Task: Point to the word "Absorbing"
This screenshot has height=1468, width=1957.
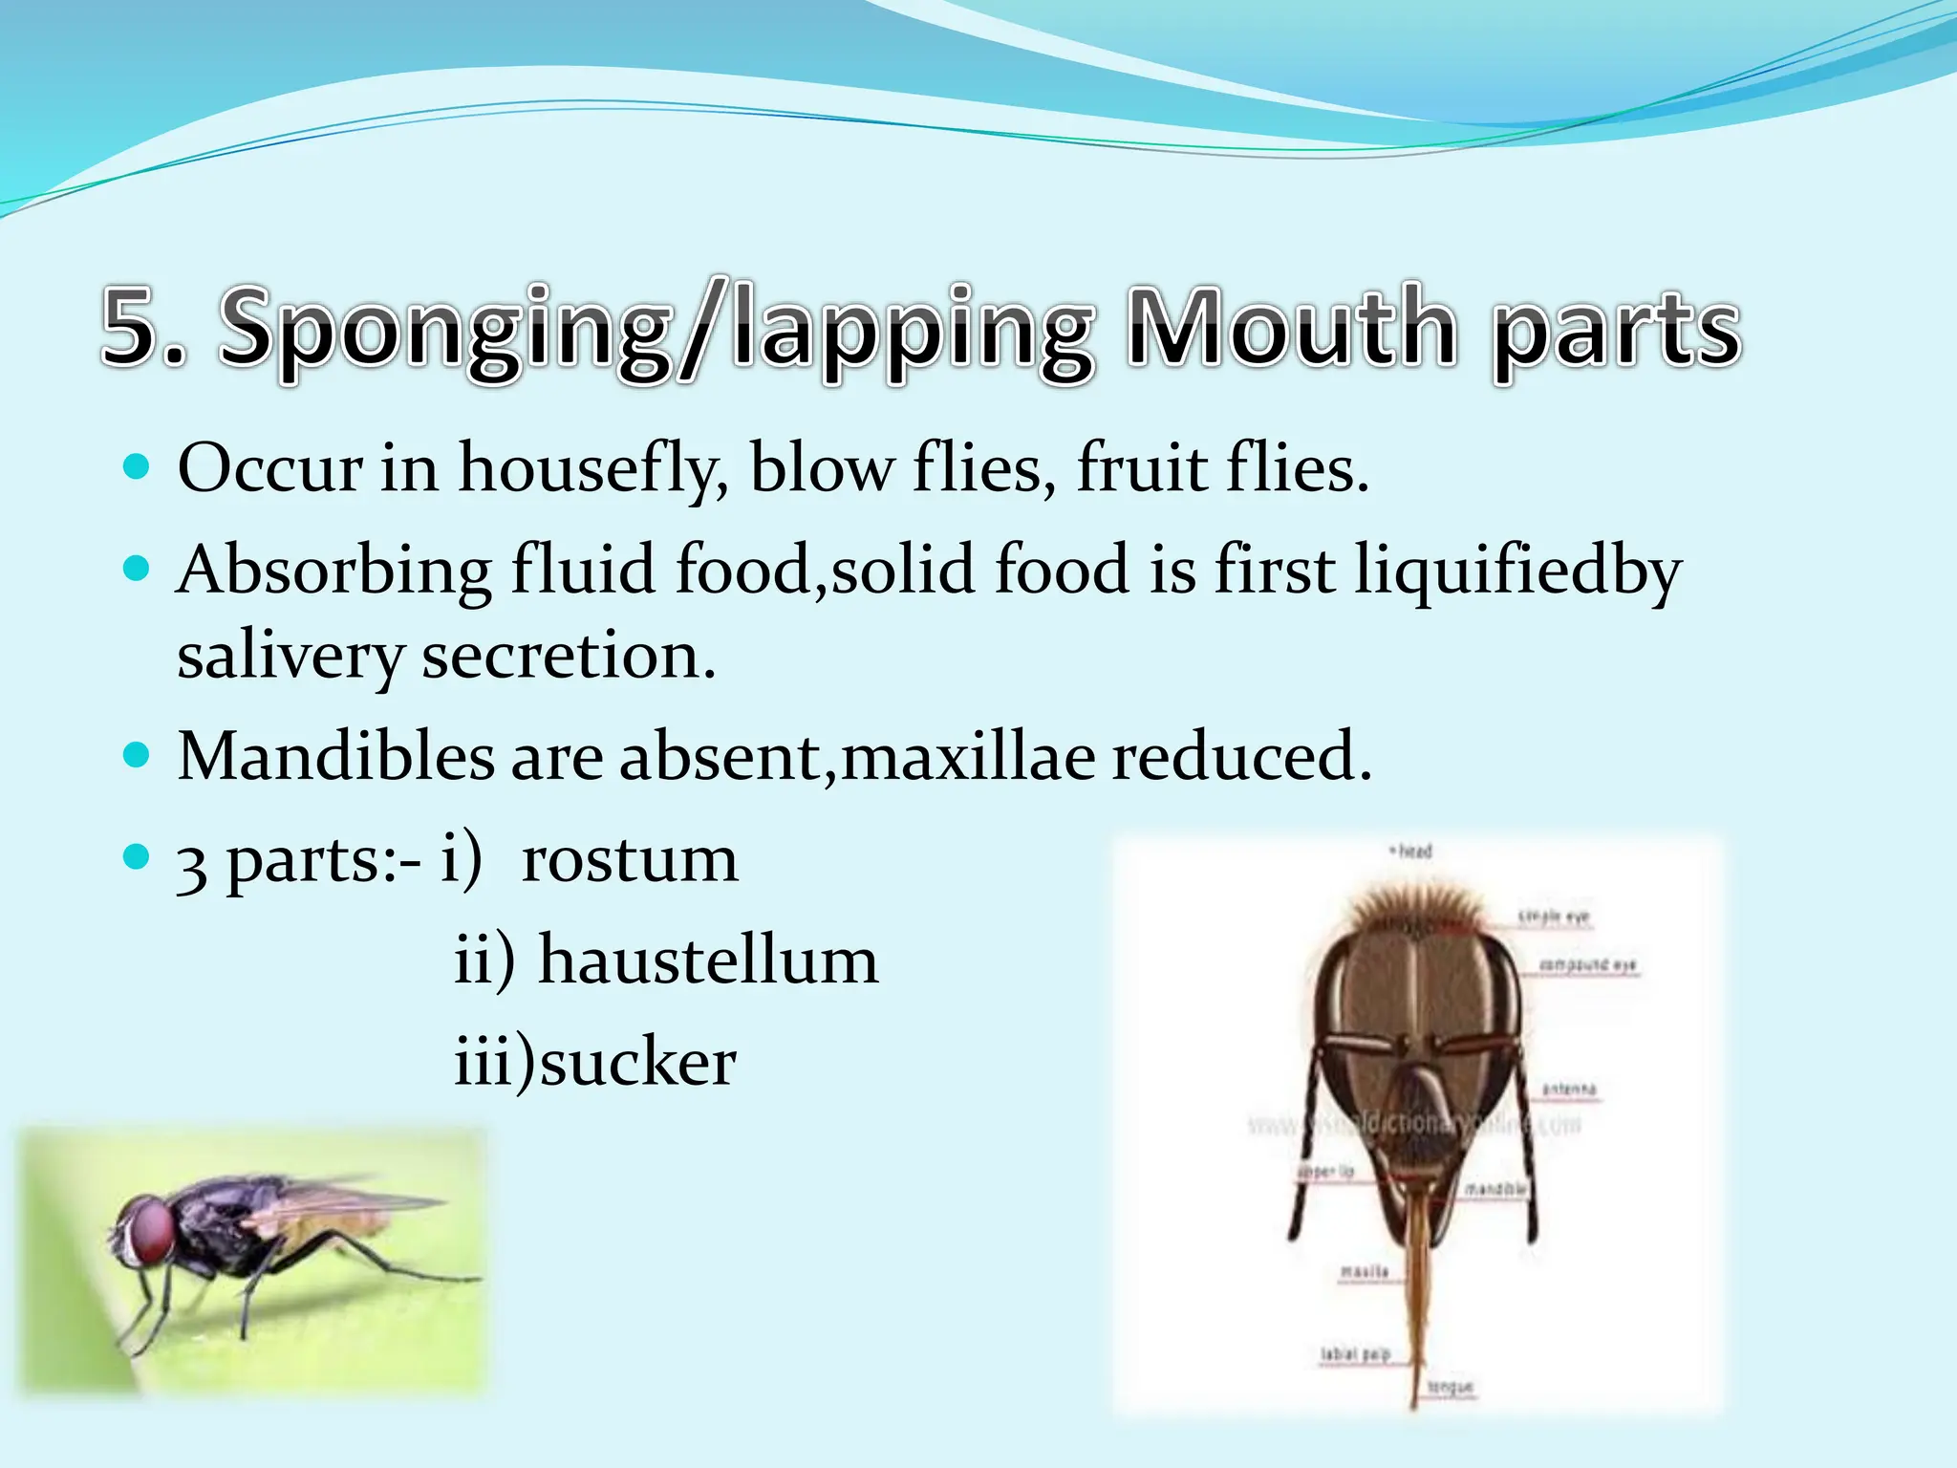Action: pos(333,571)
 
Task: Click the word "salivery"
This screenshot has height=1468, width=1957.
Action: pos(290,658)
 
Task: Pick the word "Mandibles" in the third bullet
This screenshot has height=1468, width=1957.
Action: pos(335,756)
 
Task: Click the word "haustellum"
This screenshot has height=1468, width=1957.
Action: pos(708,960)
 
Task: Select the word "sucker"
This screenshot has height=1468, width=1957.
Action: pos(638,1062)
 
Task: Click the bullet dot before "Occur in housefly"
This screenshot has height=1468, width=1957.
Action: pos(138,467)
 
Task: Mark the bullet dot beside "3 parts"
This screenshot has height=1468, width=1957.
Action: pos(138,856)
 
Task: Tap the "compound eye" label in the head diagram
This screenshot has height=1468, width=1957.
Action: pos(1587,965)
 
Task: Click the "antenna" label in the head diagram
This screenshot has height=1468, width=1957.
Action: pos(1569,1089)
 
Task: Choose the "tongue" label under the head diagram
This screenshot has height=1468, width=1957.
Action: pos(1451,1387)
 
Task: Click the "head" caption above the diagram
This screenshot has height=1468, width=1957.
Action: pos(1412,851)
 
